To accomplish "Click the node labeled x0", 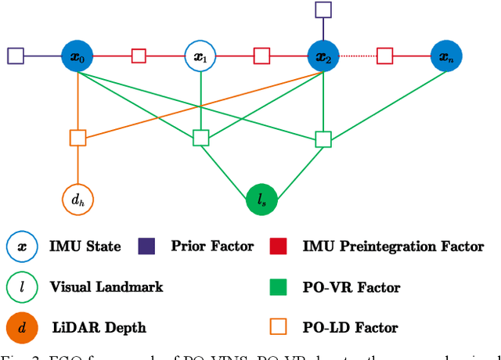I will [77, 56].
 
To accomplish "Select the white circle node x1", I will [200, 56].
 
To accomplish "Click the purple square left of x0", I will [16, 56].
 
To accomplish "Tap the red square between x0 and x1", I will [139, 56].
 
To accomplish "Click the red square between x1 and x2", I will [262, 56].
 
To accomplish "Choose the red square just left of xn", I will [385, 56].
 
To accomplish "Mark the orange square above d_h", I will [77, 139].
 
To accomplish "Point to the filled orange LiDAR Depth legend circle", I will [22, 328].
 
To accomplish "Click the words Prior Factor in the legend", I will [212, 247].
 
